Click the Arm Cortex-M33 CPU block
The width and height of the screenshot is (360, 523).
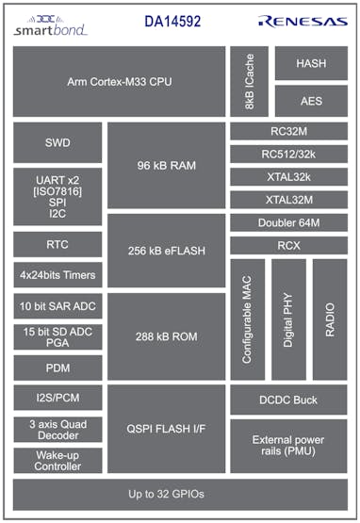point(119,81)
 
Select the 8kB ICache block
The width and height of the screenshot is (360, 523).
point(249,81)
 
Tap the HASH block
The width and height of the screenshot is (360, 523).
point(311,63)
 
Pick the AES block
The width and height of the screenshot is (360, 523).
point(311,100)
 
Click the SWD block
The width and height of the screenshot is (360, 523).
point(57,143)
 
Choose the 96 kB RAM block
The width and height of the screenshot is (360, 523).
point(166,166)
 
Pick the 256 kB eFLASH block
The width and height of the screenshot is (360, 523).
point(166,251)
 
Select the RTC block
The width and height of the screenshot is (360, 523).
point(57,245)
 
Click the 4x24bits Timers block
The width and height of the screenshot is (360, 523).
point(57,276)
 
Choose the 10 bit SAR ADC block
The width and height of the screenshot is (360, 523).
point(57,306)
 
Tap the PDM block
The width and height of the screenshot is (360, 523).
point(57,368)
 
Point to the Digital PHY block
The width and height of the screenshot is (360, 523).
point(288,319)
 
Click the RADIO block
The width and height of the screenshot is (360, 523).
point(330,319)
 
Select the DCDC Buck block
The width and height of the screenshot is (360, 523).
point(288,400)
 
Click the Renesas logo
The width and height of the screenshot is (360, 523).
point(302,21)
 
